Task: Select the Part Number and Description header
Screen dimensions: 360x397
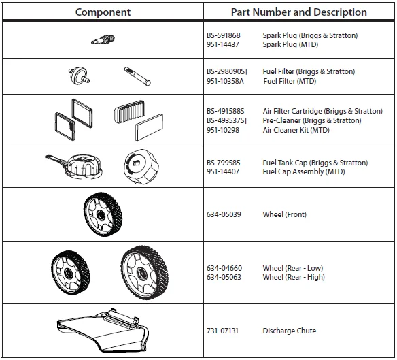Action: coord(298,12)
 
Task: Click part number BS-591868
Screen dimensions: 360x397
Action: coord(224,35)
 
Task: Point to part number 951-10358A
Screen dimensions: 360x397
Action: coord(225,81)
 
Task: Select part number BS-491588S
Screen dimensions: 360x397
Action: coord(226,112)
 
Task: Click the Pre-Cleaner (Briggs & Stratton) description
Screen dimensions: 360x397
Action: coord(312,121)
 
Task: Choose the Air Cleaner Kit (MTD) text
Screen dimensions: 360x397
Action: coord(296,130)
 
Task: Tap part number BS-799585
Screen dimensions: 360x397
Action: coord(224,163)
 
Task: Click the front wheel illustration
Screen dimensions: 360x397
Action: coord(103,214)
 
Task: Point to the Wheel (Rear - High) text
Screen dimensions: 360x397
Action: coord(294,278)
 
